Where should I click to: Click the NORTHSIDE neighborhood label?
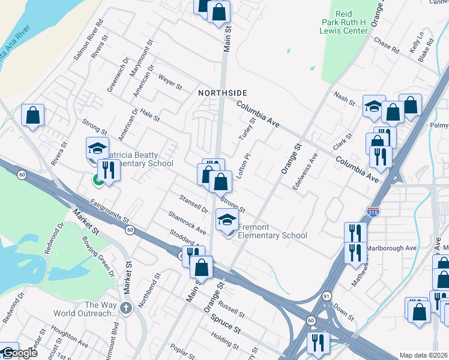pyautogui.click(x=223, y=93)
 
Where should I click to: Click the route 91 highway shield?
pyautogui.click(x=326, y=296)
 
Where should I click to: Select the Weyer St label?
pyautogui.click(x=170, y=82)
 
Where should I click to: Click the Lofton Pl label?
pyautogui.click(x=244, y=163)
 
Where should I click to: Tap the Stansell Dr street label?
pyautogui.click(x=193, y=203)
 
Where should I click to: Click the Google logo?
pyautogui.click(x=19, y=353)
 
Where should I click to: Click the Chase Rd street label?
pyautogui.click(x=386, y=46)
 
